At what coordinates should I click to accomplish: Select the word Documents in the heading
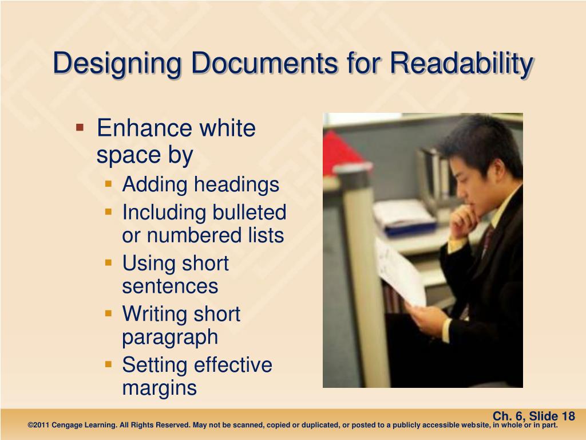click(x=264, y=63)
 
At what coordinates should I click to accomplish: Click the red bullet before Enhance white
click(x=80, y=125)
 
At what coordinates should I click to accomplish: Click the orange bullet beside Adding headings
click(x=109, y=183)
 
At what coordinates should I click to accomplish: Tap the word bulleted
click(x=250, y=213)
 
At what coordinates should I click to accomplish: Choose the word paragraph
click(x=170, y=337)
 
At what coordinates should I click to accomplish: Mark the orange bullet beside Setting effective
click(x=109, y=363)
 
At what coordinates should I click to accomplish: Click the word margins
click(x=159, y=388)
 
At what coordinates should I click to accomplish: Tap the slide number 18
click(x=568, y=417)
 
